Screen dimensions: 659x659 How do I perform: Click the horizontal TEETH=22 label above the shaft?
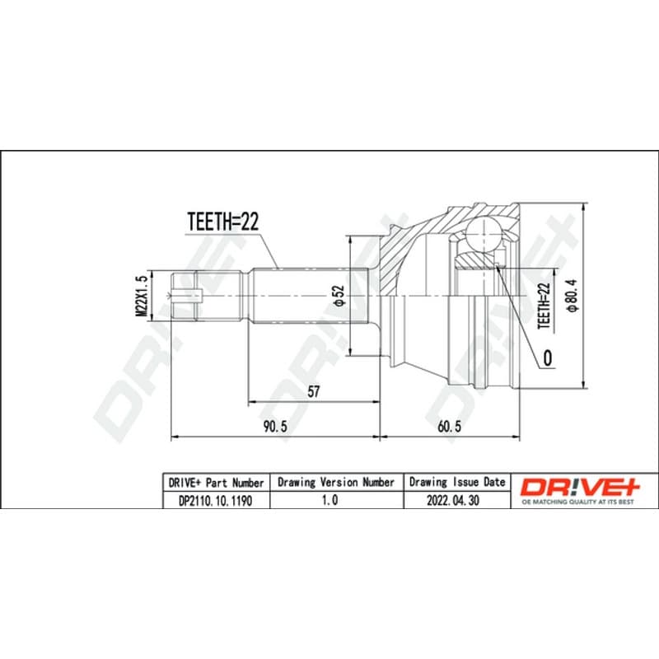[x=222, y=222]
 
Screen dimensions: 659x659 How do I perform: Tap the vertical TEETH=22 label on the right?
[x=544, y=306]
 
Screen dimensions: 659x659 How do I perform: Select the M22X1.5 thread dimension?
[x=141, y=296]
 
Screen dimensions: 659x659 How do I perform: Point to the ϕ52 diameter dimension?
[x=339, y=296]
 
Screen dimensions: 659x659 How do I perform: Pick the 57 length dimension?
[x=314, y=391]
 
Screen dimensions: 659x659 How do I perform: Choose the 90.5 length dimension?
[x=275, y=426]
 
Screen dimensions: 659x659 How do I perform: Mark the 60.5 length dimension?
[x=449, y=426]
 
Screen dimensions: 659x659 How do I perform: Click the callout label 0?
[x=548, y=358]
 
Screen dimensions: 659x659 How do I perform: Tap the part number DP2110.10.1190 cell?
[x=216, y=501]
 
